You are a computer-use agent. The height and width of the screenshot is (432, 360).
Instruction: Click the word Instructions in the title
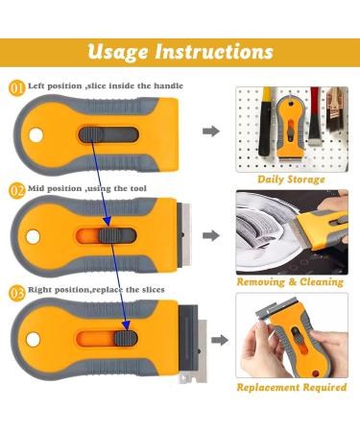(224, 50)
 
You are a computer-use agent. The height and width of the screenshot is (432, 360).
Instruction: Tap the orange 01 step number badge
(17, 88)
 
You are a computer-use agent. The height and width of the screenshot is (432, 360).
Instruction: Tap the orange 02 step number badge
(17, 192)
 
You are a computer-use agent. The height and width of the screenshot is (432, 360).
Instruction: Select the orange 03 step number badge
(17, 290)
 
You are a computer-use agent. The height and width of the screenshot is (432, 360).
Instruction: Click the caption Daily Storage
(291, 179)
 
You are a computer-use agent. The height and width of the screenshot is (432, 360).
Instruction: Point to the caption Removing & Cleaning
(291, 282)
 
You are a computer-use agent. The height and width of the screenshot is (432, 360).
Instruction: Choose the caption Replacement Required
(291, 387)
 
